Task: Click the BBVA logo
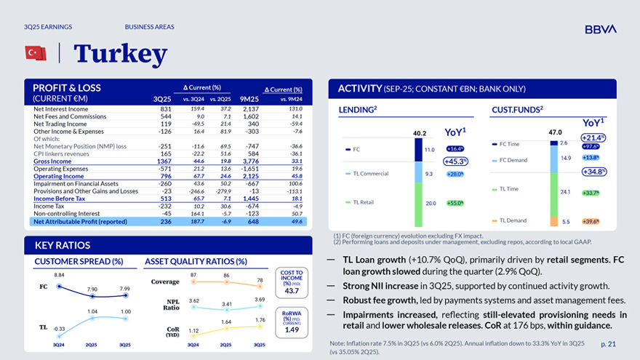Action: [x=600, y=29]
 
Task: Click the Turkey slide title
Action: [x=120, y=53]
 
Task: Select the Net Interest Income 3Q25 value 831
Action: [x=165, y=109]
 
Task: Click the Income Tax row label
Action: [x=49, y=206]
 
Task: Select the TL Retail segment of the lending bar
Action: [x=419, y=203]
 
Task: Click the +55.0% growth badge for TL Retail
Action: [x=455, y=204]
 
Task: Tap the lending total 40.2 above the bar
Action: [x=419, y=134]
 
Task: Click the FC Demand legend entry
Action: [x=513, y=160]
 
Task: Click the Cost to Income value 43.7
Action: [x=292, y=291]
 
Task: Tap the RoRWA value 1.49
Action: [x=292, y=329]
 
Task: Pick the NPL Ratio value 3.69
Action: [x=260, y=300]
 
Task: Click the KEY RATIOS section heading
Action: [x=62, y=245]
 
